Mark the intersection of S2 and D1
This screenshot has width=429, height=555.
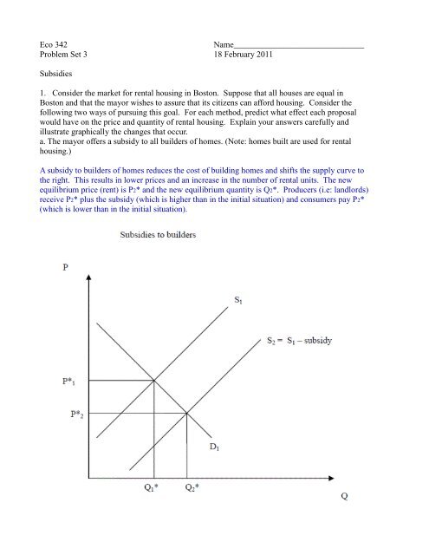[187, 413]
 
